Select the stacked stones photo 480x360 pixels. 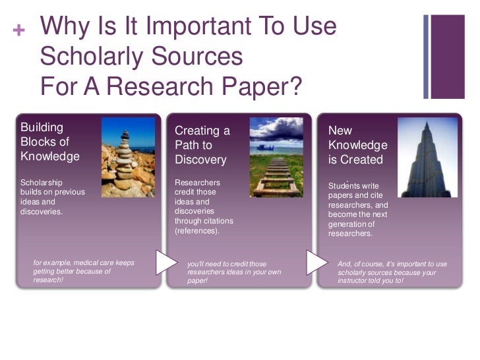coord(128,158)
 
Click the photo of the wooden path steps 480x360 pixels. coord(276,158)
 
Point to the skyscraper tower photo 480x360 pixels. coord(427,158)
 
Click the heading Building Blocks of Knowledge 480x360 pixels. coord(50,142)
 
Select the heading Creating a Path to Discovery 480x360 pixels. coord(202,145)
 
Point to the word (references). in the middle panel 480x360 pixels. coord(197,231)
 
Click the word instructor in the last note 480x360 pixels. coord(354,280)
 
